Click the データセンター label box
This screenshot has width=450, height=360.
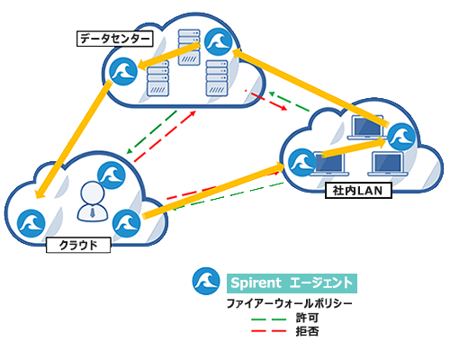click(x=115, y=39)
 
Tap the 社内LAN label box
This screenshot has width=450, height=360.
click(x=358, y=191)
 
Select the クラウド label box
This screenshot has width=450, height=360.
click(x=78, y=245)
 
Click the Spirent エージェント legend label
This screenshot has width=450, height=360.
click(x=292, y=283)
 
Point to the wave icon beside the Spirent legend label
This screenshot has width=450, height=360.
click(x=206, y=281)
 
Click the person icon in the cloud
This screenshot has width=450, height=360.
click(x=93, y=202)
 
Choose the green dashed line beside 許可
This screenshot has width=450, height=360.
click(x=269, y=319)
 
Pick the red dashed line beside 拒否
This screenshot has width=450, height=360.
click(x=269, y=331)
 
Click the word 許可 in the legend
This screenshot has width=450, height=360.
click(x=307, y=318)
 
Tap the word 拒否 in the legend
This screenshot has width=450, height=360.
click(x=307, y=331)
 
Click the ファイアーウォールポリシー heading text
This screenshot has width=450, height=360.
click(x=290, y=303)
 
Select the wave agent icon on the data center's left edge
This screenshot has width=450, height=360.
click(x=123, y=71)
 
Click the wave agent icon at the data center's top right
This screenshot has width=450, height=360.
click(x=219, y=41)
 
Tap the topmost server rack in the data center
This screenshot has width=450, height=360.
click(x=189, y=47)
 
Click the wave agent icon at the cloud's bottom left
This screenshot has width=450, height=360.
click(x=31, y=223)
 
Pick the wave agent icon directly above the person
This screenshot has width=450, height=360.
click(x=112, y=175)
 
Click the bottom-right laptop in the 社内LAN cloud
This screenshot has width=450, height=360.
click(x=388, y=164)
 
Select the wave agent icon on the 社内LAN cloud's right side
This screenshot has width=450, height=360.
click(x=401, y=137)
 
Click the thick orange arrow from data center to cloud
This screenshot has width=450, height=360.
click(x=72, y=139)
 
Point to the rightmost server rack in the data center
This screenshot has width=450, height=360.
click(x=217, y=78)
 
